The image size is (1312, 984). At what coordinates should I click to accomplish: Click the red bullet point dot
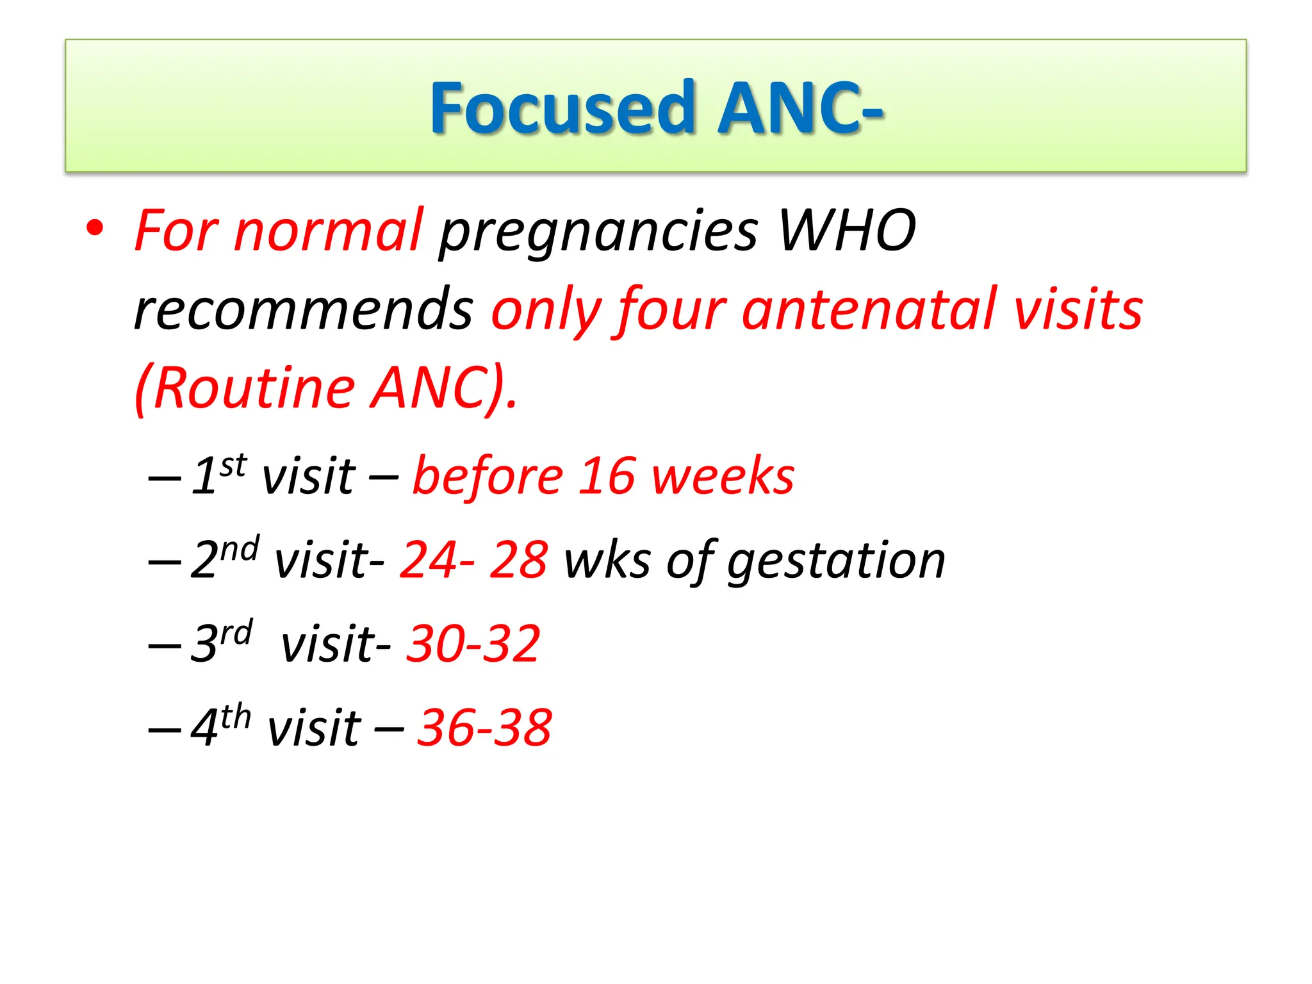(95, 229)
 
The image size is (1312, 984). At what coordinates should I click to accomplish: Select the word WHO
(846, 231)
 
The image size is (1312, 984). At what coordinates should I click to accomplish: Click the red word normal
(328, 231)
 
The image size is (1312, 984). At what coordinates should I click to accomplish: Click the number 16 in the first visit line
(607, 476)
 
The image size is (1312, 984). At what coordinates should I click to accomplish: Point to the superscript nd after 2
(240, 550)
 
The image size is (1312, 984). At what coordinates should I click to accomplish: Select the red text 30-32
(473, 643)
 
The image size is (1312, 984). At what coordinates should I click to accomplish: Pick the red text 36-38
(484, 728)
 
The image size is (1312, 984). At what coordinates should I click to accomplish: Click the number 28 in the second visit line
(518, 560)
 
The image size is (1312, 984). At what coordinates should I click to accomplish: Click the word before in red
(488, 476)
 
